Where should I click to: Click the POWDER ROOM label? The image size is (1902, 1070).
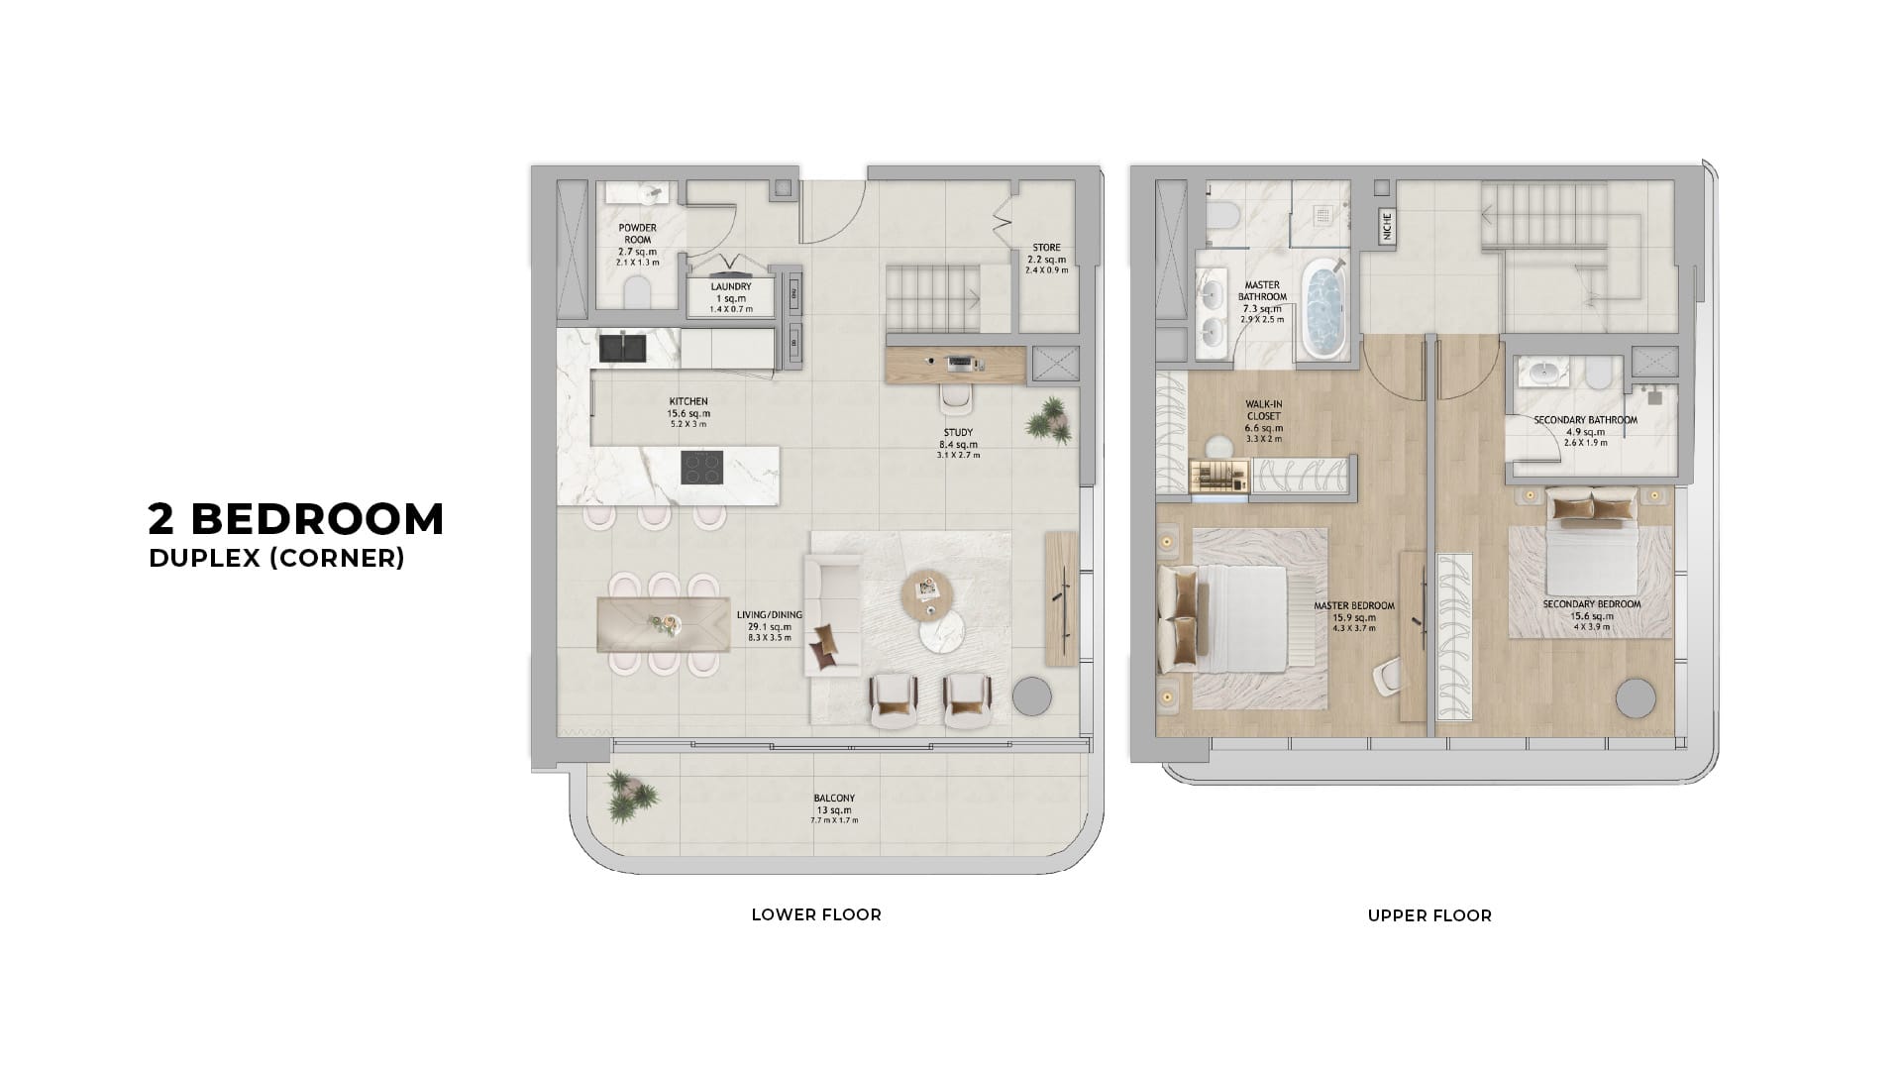coord(637,233)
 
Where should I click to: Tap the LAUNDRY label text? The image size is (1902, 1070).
coord(731,287)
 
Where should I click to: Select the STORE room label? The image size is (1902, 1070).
coord(1046,248)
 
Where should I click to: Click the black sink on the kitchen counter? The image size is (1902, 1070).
coord(622,348)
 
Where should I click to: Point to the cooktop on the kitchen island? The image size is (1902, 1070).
coord(701,467)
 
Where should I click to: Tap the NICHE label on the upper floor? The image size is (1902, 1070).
coord(1386,228)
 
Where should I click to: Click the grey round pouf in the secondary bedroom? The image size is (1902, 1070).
coord(1636,698)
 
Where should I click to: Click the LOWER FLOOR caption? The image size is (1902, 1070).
coord(815,914)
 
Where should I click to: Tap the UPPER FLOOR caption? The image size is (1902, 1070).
coord(1428,915)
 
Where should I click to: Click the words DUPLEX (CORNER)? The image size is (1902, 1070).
coord(276,559)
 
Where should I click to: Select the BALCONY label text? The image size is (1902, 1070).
coord(833,799)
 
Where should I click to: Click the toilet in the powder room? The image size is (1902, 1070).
coord(637,291)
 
